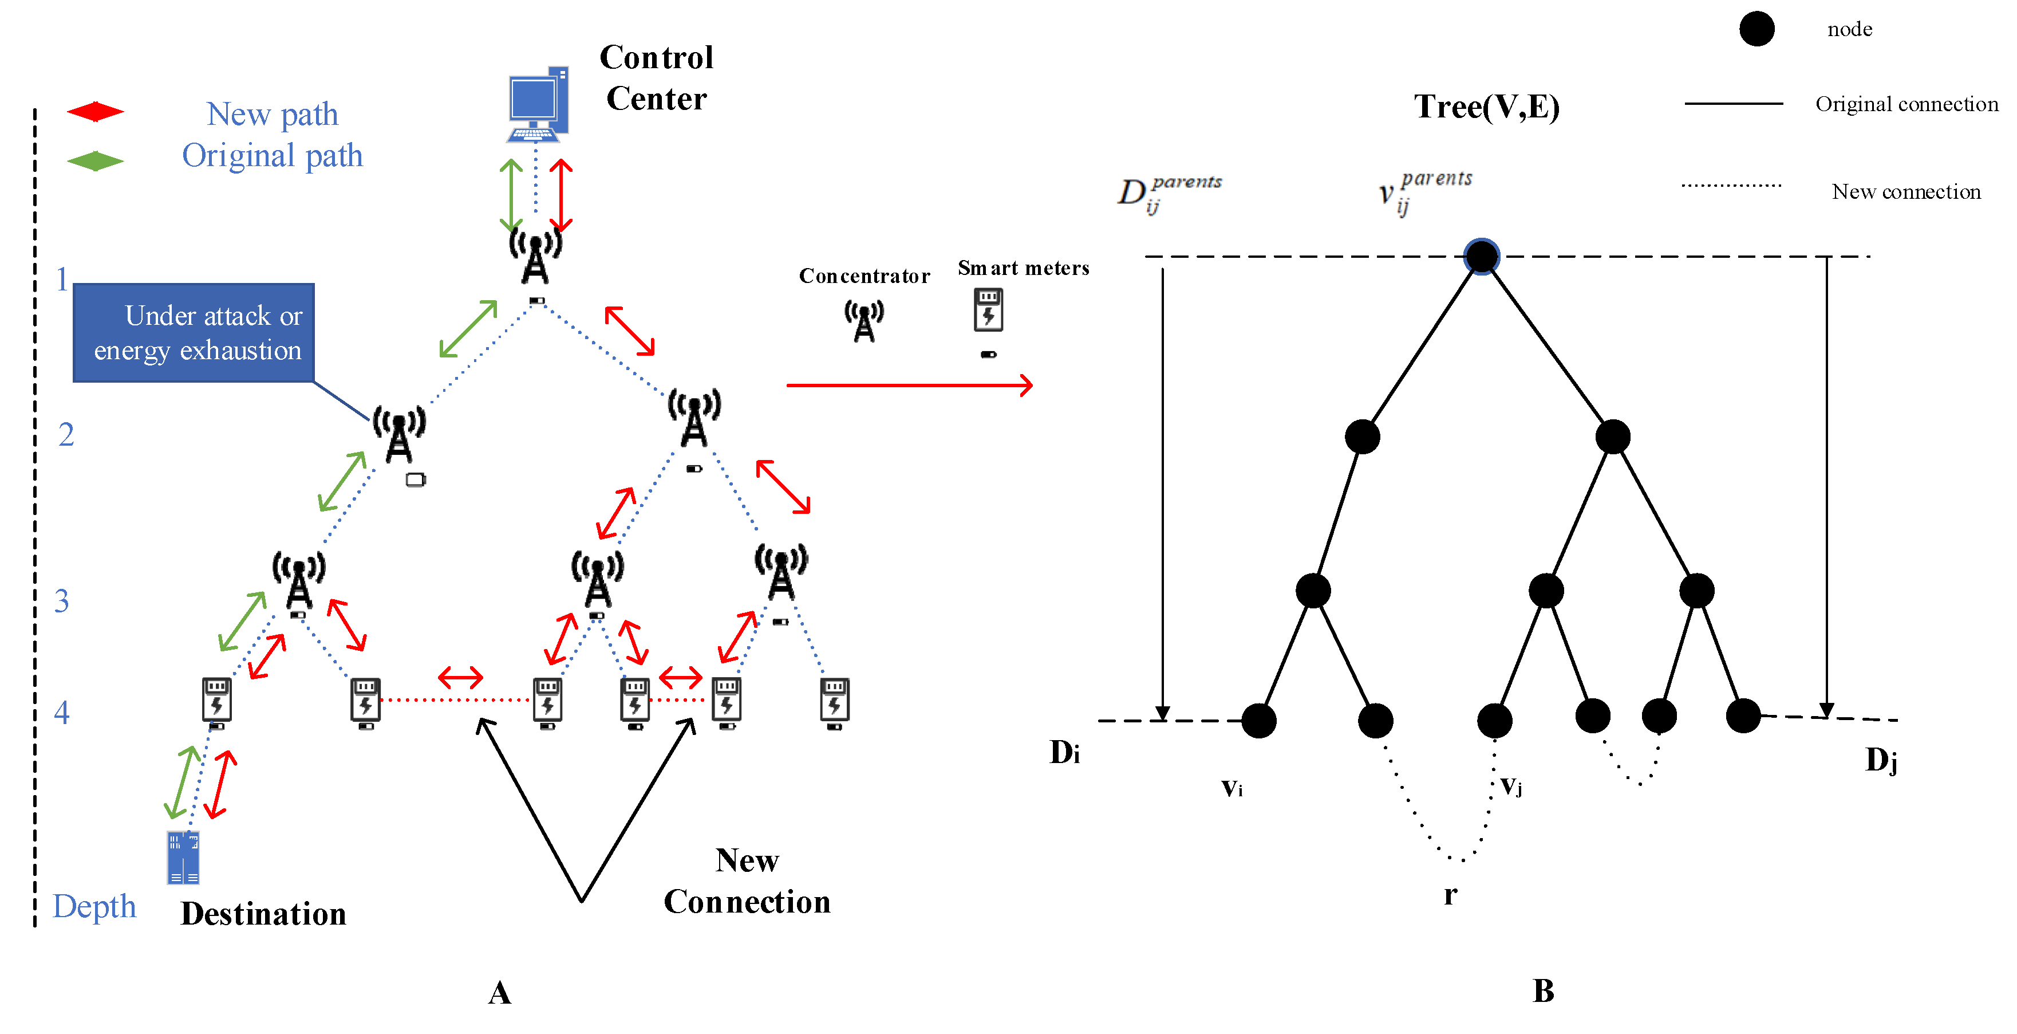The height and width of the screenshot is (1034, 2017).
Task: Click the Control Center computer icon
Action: click(x=538, y=103)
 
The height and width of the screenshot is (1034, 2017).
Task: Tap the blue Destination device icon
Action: click(x=183, y=858)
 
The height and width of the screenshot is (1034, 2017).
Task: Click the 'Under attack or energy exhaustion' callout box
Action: click(x=194, y=333)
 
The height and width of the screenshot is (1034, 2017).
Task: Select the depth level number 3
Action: click(x=62, y=601)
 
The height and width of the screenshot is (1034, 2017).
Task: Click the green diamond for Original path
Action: click(x=94, y=162)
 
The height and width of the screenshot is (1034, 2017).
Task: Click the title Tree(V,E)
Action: click(x=1486, y=107)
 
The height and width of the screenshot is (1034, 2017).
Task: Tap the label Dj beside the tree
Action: click(x=1881, y=760)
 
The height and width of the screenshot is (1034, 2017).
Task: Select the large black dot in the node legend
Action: click(x=1757, y=29)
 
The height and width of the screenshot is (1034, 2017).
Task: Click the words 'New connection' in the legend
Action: click(x=1906, y=192)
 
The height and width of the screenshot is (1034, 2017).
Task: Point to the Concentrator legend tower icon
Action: click(x=863, y=320)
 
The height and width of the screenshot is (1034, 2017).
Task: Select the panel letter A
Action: click(x=500, y=993)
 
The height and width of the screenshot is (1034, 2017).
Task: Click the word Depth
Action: click(x=94, y=906)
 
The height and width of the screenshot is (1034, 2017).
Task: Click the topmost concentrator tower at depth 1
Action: click(x=535, y=254)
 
